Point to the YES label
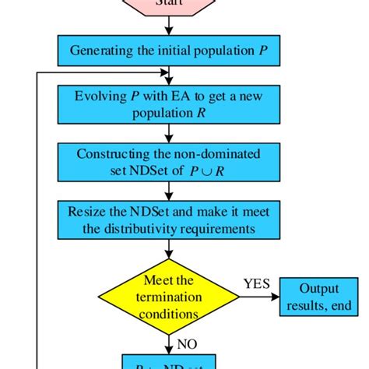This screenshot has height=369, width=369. (258, 284)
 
